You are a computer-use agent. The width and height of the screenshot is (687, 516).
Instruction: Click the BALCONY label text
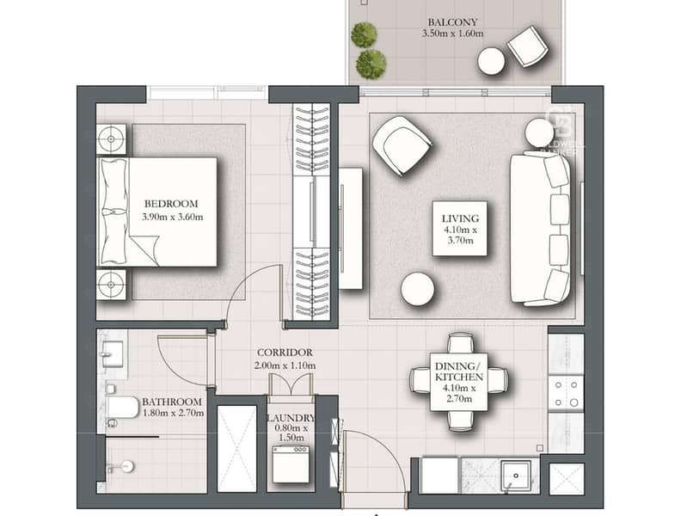(x=452, y=21)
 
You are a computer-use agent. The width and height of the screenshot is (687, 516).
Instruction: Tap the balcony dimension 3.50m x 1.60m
(x=452, y=34)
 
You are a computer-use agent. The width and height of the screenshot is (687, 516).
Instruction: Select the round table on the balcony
(x=492, y=60)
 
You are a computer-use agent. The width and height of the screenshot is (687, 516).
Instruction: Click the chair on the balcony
(x=527, y=46)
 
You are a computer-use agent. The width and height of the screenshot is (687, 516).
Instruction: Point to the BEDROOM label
(x=171, y=204)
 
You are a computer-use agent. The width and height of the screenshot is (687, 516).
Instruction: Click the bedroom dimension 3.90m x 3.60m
(x=171, y=217)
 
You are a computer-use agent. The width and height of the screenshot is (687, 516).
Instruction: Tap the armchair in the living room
(x=402, y=144)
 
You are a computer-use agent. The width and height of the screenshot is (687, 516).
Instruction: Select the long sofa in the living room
(x=540, y=228)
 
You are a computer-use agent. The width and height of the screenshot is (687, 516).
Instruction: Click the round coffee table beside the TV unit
(x=418, y=289)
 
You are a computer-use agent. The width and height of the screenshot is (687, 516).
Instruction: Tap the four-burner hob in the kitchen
(x=566, y=393)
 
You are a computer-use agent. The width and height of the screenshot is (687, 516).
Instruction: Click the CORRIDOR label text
(x=285, y=353)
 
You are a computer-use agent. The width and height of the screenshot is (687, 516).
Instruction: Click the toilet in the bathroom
(x=121, y=407)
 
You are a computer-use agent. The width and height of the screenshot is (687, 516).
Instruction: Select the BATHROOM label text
(x=172, y=402)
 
